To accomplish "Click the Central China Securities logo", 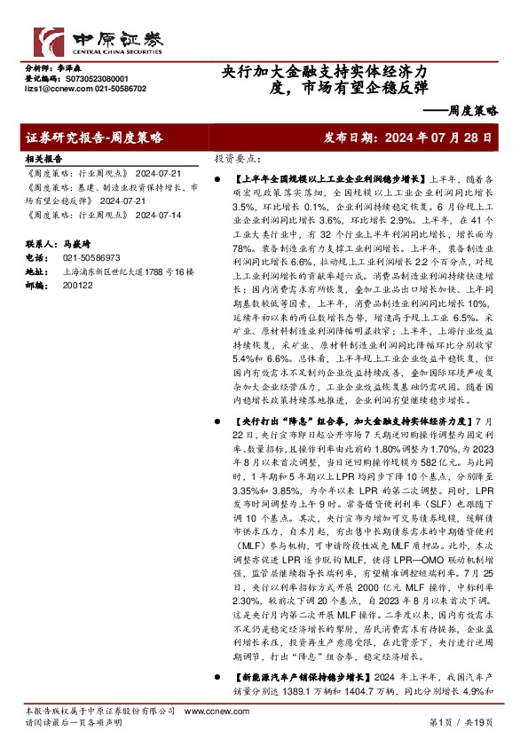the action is click(x=85, y=41).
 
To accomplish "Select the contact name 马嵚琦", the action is click(x=80, y=242).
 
